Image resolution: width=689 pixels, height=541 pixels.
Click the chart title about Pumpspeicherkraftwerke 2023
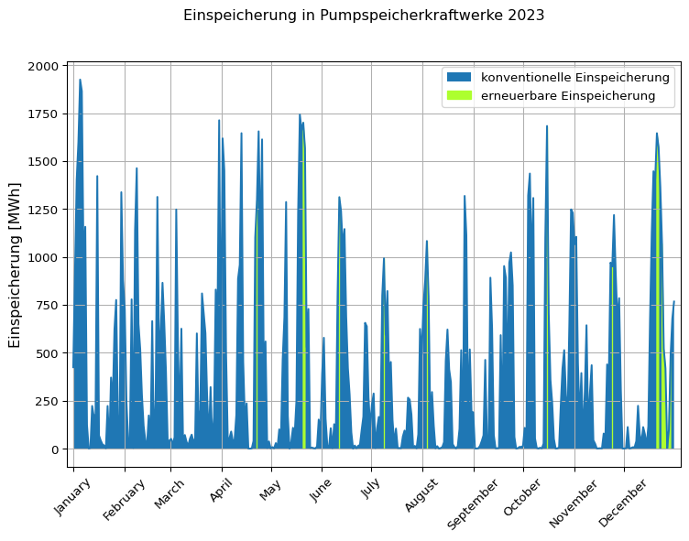[x=364, y=16]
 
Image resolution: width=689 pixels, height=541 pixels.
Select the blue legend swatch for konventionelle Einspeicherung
[x=458, y=77]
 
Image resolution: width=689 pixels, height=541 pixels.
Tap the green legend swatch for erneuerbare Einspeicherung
[x=458, y=95]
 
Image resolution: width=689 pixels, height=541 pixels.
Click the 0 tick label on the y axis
[x=56, y=449]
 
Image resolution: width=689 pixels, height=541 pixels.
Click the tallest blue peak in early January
[x=80, y=80]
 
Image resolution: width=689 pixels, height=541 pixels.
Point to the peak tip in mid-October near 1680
[x=547, y=126]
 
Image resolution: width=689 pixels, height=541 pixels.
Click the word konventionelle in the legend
[x=519, y=77]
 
